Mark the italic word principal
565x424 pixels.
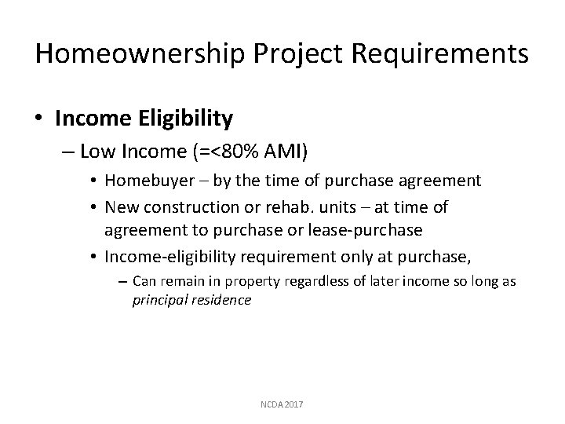pyautogui.click(x=160, y=300)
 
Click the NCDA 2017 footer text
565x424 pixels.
pyautogui.click(x=282, y=404)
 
